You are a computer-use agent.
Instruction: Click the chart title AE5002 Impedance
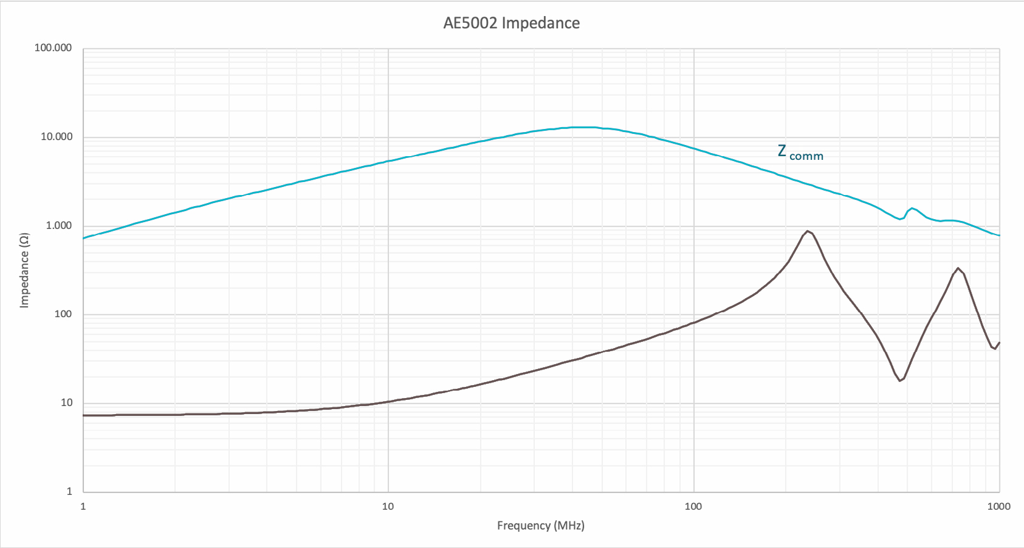point(511,23)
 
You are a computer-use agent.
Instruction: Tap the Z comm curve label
point(800,152)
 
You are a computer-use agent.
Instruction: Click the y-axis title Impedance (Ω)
point(25,270)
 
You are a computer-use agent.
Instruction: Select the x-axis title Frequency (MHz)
point(540,526)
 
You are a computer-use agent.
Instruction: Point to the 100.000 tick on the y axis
point(53,48)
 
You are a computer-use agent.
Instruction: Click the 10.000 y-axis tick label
point(56,137)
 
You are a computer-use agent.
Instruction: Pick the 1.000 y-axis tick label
point(59,226)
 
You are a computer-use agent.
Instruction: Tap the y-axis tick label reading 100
point(64,314)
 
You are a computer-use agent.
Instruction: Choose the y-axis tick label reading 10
point(66,403)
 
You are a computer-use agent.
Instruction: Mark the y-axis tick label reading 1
point(69,492)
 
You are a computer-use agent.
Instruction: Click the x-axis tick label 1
point(83,507)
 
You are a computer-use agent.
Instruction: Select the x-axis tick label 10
point(388,507)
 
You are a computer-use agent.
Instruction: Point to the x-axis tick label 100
point(693,507)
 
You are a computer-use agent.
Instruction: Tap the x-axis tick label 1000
point(999,507)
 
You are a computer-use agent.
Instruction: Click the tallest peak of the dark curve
point(807,231)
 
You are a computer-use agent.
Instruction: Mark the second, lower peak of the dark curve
point(958,268)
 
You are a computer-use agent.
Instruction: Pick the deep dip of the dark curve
point(900,381)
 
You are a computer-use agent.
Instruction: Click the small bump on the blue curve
point(912,209)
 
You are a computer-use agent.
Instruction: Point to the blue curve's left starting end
point(84,238)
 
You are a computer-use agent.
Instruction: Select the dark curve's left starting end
point(84,415)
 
